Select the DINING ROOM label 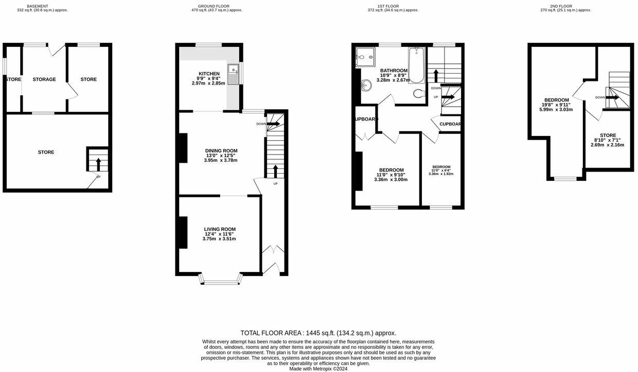[220, 150]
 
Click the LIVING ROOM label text [220, 229]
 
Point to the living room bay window [221, 281]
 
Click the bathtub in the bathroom [416, 65]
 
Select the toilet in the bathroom [419, 93]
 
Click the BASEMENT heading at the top [38, 6]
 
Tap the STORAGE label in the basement [44, 79]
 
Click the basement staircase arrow [98, 164]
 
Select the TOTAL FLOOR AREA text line [318, 333]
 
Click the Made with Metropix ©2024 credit [318, 368]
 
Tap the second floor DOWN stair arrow [612, 97]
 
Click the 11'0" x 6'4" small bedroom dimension [441, 171]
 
